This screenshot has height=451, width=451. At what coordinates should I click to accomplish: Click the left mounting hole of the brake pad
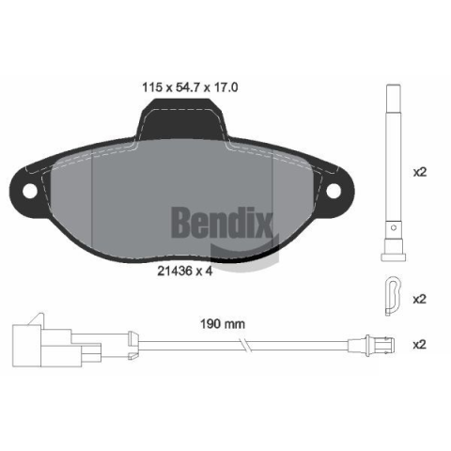[30, 191]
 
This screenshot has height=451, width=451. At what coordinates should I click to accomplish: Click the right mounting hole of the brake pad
[334, 191]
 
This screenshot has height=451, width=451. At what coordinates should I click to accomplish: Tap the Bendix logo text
[223, 224]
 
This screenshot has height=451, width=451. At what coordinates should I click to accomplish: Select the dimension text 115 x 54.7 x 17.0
[190, 87]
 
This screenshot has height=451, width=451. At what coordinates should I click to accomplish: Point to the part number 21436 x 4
[185, 271]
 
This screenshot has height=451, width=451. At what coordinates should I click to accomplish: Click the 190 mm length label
[223, 324]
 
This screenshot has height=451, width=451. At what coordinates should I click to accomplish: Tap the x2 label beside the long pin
[420, 172]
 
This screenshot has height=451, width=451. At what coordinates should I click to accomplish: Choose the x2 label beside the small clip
[420, 300]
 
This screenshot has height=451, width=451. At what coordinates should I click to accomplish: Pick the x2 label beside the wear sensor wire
[420, 345]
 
